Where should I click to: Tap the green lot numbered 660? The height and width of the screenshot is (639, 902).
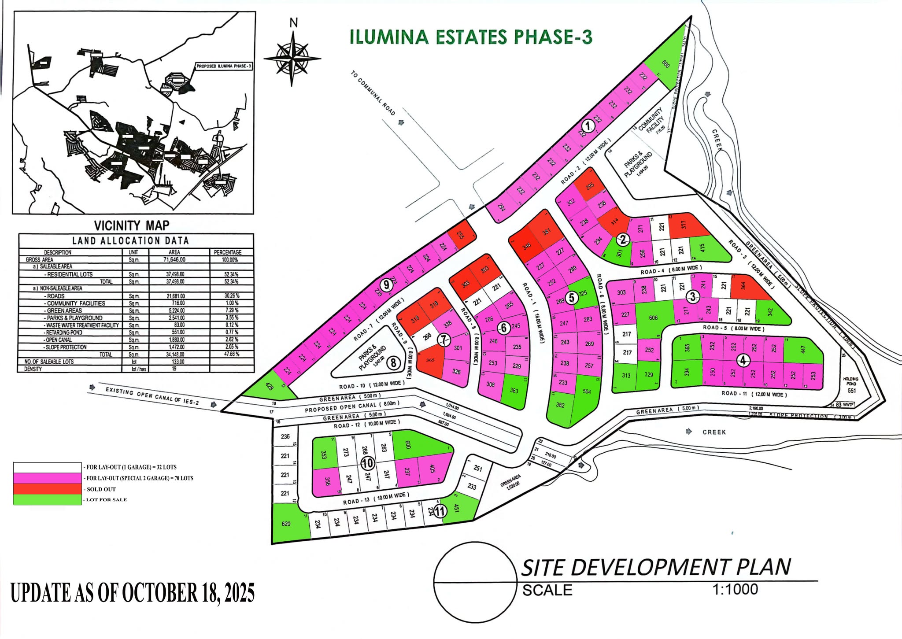665,64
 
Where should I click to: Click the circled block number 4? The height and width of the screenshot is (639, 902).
743,360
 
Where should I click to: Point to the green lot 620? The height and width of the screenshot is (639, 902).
286,524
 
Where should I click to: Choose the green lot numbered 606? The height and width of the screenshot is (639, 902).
653,318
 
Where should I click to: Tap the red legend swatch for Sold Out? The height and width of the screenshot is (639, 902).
47,489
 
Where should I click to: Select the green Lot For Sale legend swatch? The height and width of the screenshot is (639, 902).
47,499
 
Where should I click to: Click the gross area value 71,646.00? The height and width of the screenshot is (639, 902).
174,260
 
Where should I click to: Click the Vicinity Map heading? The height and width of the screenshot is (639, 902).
131,225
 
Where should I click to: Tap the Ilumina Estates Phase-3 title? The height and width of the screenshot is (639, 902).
470,37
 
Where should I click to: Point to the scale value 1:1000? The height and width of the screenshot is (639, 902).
735,589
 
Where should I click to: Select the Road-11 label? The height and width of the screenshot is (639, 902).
754,394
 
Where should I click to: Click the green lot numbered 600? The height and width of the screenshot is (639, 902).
407,445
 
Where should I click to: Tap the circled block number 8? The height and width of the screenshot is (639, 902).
394,363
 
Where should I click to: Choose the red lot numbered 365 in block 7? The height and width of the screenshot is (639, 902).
430,360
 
